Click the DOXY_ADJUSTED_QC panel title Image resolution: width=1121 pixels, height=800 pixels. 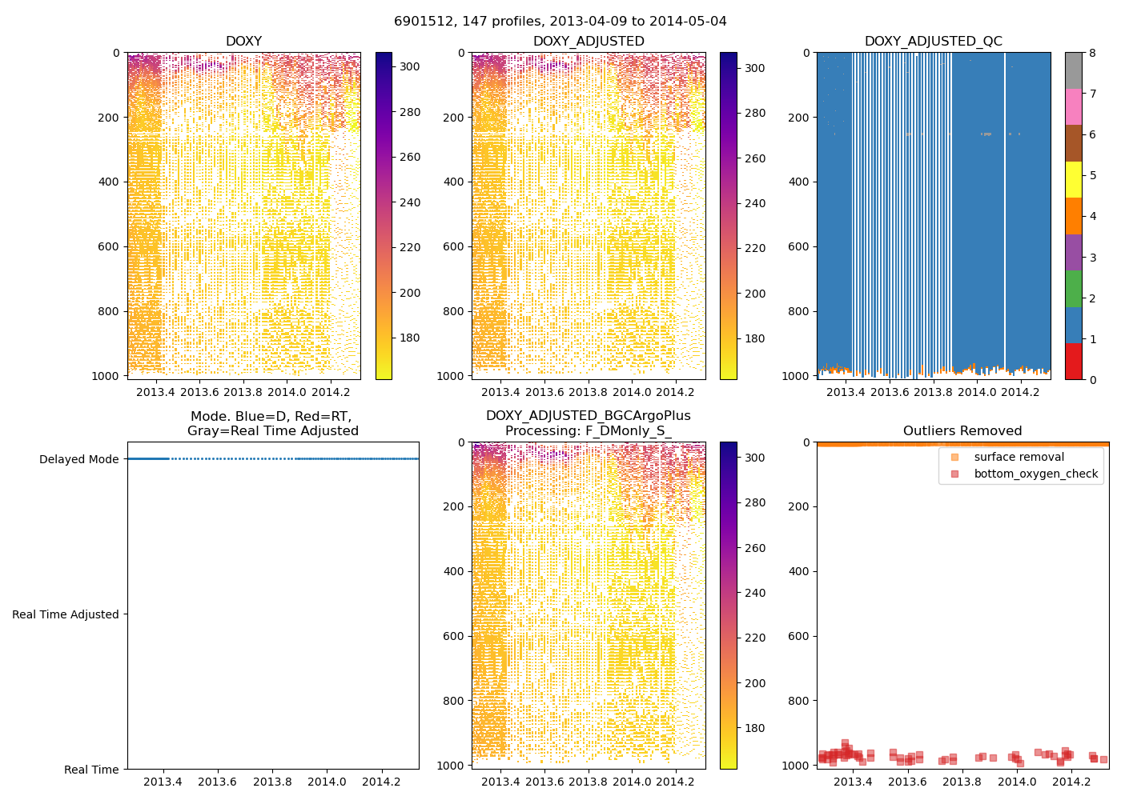(933, 42)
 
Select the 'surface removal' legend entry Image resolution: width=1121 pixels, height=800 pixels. (1019, 457)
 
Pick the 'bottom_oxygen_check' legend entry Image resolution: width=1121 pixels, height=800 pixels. (1035, 474)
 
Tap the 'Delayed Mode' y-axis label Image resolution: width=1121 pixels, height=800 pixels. (78, 459)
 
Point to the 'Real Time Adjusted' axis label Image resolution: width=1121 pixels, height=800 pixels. (66, 614)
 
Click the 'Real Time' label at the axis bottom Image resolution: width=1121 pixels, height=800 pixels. (91, 770)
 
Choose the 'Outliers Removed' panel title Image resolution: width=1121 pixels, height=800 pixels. (962, 431)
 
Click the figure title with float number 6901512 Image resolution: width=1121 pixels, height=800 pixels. (560, 22)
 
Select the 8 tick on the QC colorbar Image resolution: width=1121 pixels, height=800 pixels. (1092, 53)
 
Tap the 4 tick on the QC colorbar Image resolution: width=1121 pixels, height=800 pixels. (1092, 216)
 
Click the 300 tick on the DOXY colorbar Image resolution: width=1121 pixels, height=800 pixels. (410, 67)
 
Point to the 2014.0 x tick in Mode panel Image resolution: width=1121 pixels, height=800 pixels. (327, 782)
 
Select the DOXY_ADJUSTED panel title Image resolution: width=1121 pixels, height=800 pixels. (589, 42)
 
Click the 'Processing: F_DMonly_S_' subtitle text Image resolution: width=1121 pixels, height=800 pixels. (589, 431)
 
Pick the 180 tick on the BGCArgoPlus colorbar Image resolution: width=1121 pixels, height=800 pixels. (754, 728)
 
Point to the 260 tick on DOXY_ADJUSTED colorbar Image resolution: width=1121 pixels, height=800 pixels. (755, 158)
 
